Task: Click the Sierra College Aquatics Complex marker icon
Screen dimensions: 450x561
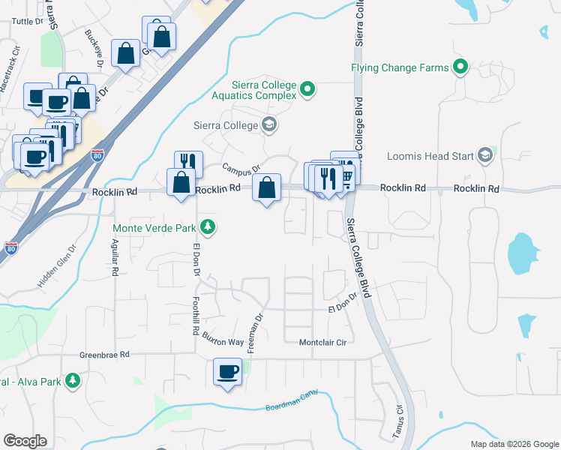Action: tap(307, 91)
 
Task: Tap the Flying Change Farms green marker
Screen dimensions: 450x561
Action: tap(460, 67)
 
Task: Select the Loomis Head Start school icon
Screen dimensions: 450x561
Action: tap(484, 156)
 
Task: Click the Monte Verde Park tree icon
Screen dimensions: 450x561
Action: tap(207, 227)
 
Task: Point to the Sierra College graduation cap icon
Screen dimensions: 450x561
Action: tap(269, 126)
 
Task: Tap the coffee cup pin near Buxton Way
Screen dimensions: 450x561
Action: tap(228, 371)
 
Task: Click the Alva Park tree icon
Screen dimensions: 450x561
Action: tap(72, 382)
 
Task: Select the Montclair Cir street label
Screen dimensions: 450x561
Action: tap(325, 343)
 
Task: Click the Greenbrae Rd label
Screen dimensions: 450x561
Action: tap(105, 354)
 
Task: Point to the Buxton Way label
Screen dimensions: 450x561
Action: tap(222, 341)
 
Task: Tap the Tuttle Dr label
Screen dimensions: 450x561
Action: tap(29, 22)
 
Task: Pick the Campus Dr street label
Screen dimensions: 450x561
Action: tap(240, 169)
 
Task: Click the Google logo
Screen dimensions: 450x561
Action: tap(25, 441)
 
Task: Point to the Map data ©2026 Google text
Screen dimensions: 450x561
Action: tap(514, 444)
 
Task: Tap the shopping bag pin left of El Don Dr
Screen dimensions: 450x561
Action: tap(181, 183)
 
